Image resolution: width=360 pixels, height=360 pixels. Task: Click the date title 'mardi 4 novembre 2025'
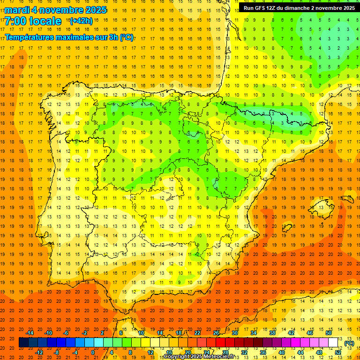pyautogui.click(x=55, y=10)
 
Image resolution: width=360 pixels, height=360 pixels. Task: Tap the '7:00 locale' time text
pyautogui.click(x=33, y=21)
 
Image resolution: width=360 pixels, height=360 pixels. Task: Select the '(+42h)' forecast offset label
pyautogui.click(x=81, y=21)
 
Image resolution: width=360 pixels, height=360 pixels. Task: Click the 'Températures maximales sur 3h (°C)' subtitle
pyautogui.click(x=69, y=37)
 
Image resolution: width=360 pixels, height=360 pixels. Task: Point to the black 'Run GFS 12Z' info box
pyautogui.click(x=299, y=7)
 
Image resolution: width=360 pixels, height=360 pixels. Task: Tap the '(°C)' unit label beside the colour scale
pyautogui.click(x=349, y=343)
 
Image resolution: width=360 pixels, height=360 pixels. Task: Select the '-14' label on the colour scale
pyautogui.click(x=30, y=333)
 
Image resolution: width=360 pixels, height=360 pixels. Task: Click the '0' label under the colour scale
pyautogui.click(x=93, y=352)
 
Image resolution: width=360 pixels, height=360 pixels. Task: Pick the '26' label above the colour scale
pyautogui.click(x=216, y=333)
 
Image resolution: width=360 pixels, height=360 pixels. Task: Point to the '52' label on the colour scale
pyautogui.click(x=338, y=352)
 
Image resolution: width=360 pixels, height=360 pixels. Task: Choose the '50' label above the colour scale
pyautogui.click(x=329, y=333)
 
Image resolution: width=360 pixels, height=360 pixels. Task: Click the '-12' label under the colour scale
pyautogui.click(x=39, y=352)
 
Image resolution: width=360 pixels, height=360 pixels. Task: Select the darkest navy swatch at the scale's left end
pyautogui.click(x=23, y=343)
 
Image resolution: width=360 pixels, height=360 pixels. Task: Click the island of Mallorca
pyautogui.click(x=321, y=206)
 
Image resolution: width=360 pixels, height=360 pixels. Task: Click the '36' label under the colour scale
pyautogui.click(x=263, y=352)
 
